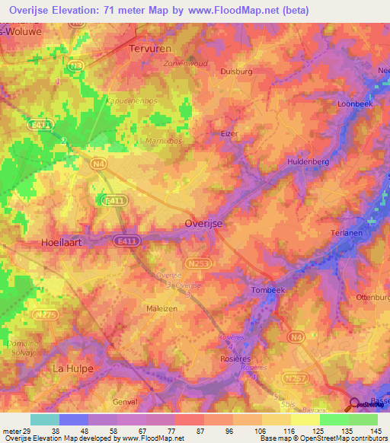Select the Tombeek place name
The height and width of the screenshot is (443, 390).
(x=268, y=291)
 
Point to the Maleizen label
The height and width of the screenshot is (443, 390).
(x=161, y=308)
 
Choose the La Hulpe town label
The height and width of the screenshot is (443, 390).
(x=72, y=368)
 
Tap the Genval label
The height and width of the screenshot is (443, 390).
(x=123, y=401)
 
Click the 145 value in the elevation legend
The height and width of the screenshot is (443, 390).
(x=375, y=431)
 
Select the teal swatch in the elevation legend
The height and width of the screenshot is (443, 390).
(x=44, y=419)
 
